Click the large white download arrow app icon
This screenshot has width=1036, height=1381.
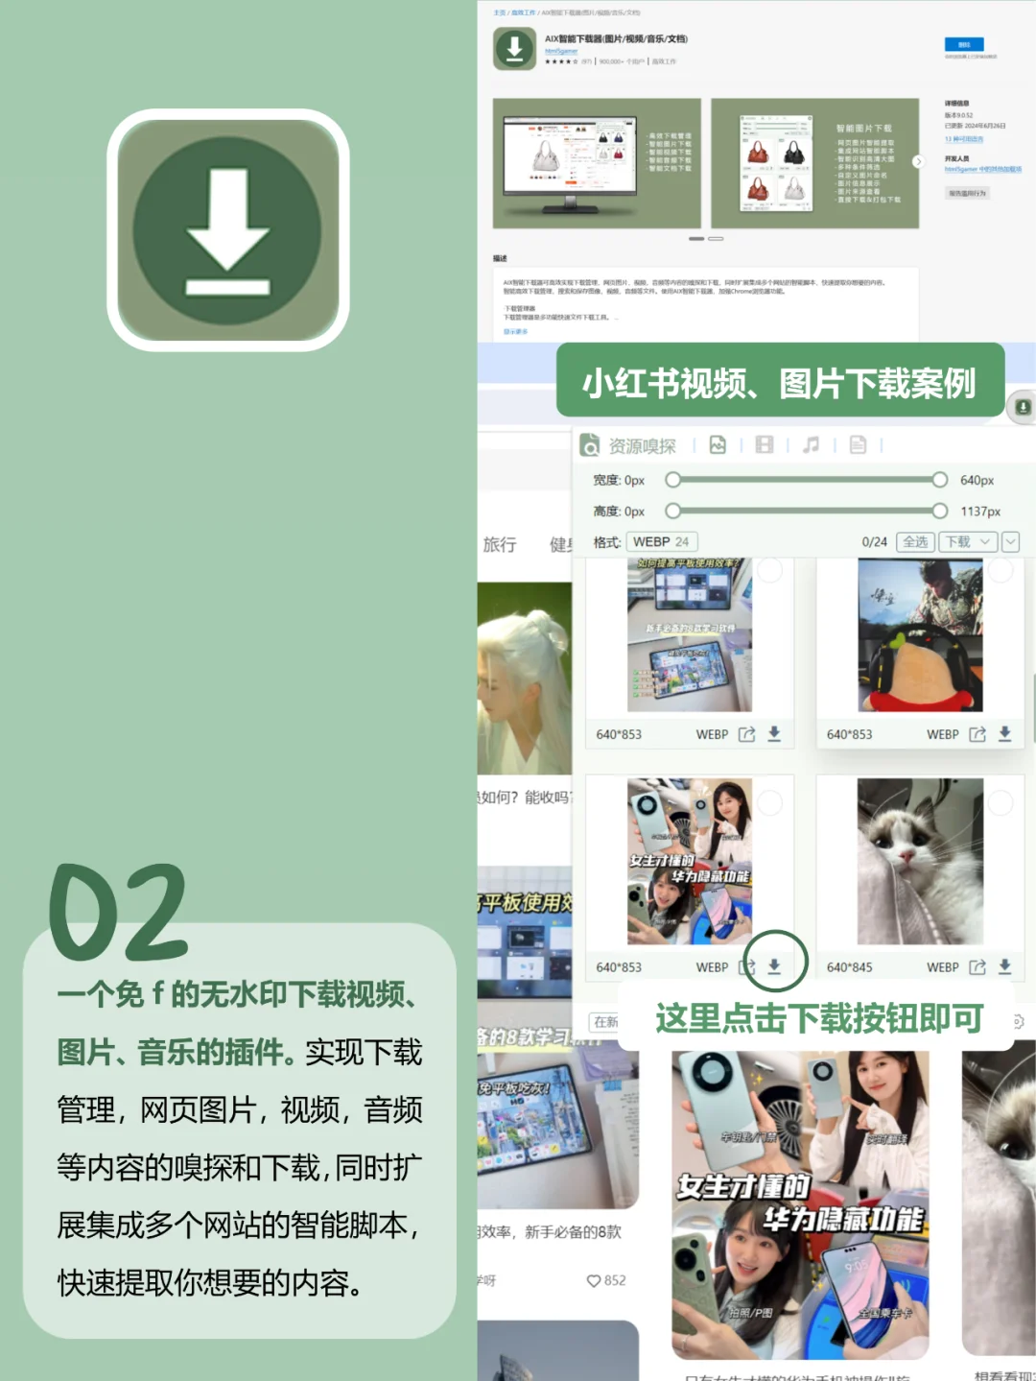click(x=227, y=230)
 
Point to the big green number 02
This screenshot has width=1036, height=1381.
click(x=118, y=913)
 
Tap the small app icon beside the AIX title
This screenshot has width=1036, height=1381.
click(x=514, y=48)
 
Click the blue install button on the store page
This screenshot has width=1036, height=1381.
click(x=963, y=44)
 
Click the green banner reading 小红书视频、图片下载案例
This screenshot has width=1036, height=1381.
click(x=779, y=383)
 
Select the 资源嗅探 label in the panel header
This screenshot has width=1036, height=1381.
click(x=642, y=446)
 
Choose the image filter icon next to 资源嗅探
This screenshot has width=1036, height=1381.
click(x=718, y=444)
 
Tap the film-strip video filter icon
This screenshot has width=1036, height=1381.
click(x=765, y=444)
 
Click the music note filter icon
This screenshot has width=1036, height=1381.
click(x=811, y=444)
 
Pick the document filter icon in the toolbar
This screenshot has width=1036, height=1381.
click(x=858, y=444)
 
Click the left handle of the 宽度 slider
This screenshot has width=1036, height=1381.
click(x=673, y=480)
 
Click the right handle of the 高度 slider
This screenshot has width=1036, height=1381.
click(x=940, y=512)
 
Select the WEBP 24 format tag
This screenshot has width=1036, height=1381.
click(x=661, y=542)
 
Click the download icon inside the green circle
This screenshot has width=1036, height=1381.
click(x=774, y=965)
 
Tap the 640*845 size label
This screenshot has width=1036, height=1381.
click(x=849, y=967)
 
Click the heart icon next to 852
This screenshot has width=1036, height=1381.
click(x=594, y=1280)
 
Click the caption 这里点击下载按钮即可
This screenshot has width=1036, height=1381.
click(x=819, y=1018)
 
